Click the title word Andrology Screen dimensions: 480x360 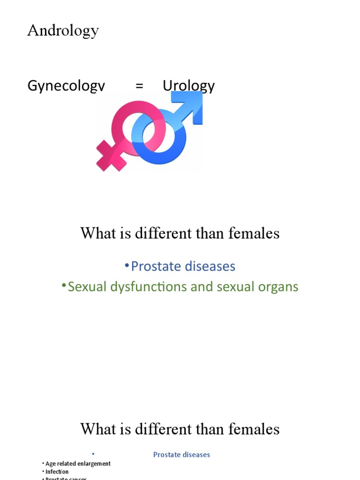[63, 31]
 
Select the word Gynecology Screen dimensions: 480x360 [67, 86]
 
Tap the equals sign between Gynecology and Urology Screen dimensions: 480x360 [139, 86]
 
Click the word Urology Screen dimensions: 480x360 [188, 86]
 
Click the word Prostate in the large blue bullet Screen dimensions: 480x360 [156, 266]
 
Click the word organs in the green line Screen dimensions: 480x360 [276, 287]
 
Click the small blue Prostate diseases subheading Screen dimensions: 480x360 [181, 454]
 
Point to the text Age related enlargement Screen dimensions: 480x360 [78, 464]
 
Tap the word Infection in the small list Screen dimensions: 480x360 [57, 472]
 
